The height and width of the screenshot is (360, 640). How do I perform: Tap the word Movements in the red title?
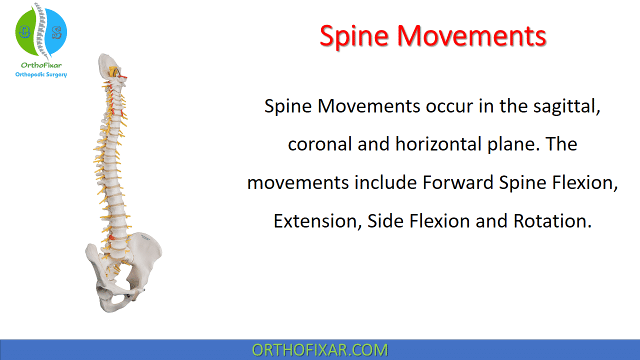click(x=472, y=35)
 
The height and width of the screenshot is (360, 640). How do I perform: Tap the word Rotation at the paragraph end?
click(x=552, y=221)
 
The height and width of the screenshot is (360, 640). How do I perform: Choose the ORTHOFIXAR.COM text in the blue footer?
click(x=319, y=350)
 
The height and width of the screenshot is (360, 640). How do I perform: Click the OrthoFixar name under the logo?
click(x=41, y=65)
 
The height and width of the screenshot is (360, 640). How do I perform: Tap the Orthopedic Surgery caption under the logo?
click(x=41, y=74)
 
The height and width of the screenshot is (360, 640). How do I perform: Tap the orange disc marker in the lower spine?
click(x=111, y=237)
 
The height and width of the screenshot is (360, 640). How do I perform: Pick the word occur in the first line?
click(x=449, y=106)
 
